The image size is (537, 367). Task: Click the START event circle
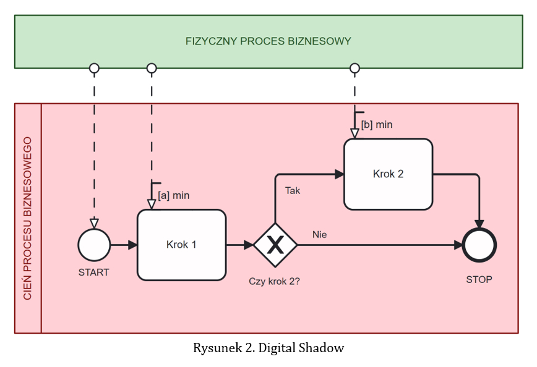(94, 245)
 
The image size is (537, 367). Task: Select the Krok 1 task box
(181, 245)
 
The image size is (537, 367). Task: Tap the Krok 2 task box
(388, 174)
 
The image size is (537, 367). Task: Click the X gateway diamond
(275, 245)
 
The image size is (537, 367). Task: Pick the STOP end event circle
(479, 245)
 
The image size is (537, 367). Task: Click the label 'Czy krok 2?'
(275, 281)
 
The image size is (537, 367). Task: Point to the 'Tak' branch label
(293, 191)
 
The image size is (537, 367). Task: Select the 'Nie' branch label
(319, 235)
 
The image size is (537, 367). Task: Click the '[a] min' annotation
(173, 196)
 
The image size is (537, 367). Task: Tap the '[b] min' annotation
(376, 125)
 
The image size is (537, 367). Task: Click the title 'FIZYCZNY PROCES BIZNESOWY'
(268, 42)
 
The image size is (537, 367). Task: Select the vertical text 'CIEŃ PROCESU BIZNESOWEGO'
(28, 218)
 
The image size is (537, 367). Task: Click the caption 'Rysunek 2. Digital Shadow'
(268, 348)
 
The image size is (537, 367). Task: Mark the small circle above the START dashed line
(94, 67)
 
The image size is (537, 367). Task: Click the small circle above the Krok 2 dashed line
(354, 67)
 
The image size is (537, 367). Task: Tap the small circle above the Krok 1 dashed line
(152, 67)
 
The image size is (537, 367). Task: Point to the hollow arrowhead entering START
(94, 223)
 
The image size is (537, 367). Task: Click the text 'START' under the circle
(94, 272)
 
